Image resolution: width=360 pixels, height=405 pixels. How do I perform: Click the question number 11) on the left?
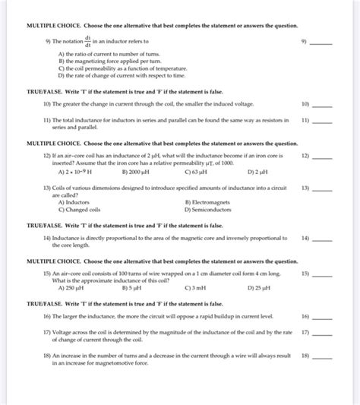click(47, 120)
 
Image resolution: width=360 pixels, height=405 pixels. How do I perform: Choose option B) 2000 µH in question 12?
click(135, 172)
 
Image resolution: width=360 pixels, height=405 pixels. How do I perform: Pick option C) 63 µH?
click(196, 172)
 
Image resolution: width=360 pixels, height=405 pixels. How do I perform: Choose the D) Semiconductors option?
click(213, 209)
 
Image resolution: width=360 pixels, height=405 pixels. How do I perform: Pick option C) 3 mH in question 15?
click(195, 288)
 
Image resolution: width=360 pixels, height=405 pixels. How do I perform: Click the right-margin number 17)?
click(305, 332)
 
